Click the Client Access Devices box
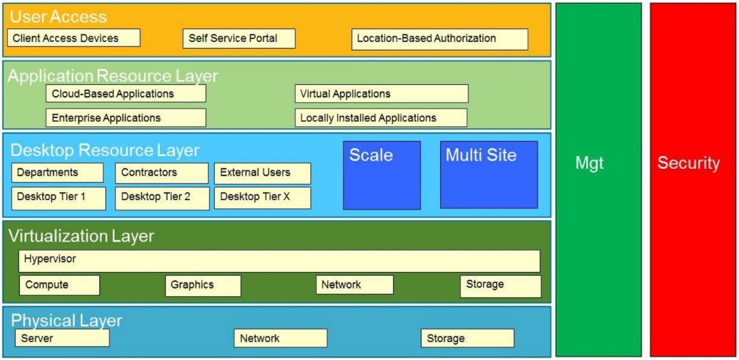pyautogui.click(x=74, y=38)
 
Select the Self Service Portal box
pyautogui.click(x=231, y=38)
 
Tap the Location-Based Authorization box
pyautogui.click(x=440, y=38)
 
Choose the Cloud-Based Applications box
pyautogui.click(x=126, y=94)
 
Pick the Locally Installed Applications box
pyautogui.click(x=381, y=118)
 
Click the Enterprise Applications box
pyautogui.click(x=126, y=118)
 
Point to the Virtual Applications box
pyautogui.click(x=381, y=94)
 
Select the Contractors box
pyautogui.click(x=162, y=173)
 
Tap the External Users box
pyautogui.click(x=262, y=173)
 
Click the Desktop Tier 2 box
pyautogui.click(x=162, y=198)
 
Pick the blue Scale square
pyautogui.click(x=382, y=175)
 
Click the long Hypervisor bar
pyautogui.click(x=280, y=261)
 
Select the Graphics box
pyautogui.click(x=203, y=285)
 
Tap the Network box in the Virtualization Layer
pyautogui.click(x=355, y=285)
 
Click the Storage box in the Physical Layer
pyautogui.click(x=467, y=338)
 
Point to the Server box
pyautogui.click(x=63, y=338)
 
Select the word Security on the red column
pyautogui.click(x=690, y=164)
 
